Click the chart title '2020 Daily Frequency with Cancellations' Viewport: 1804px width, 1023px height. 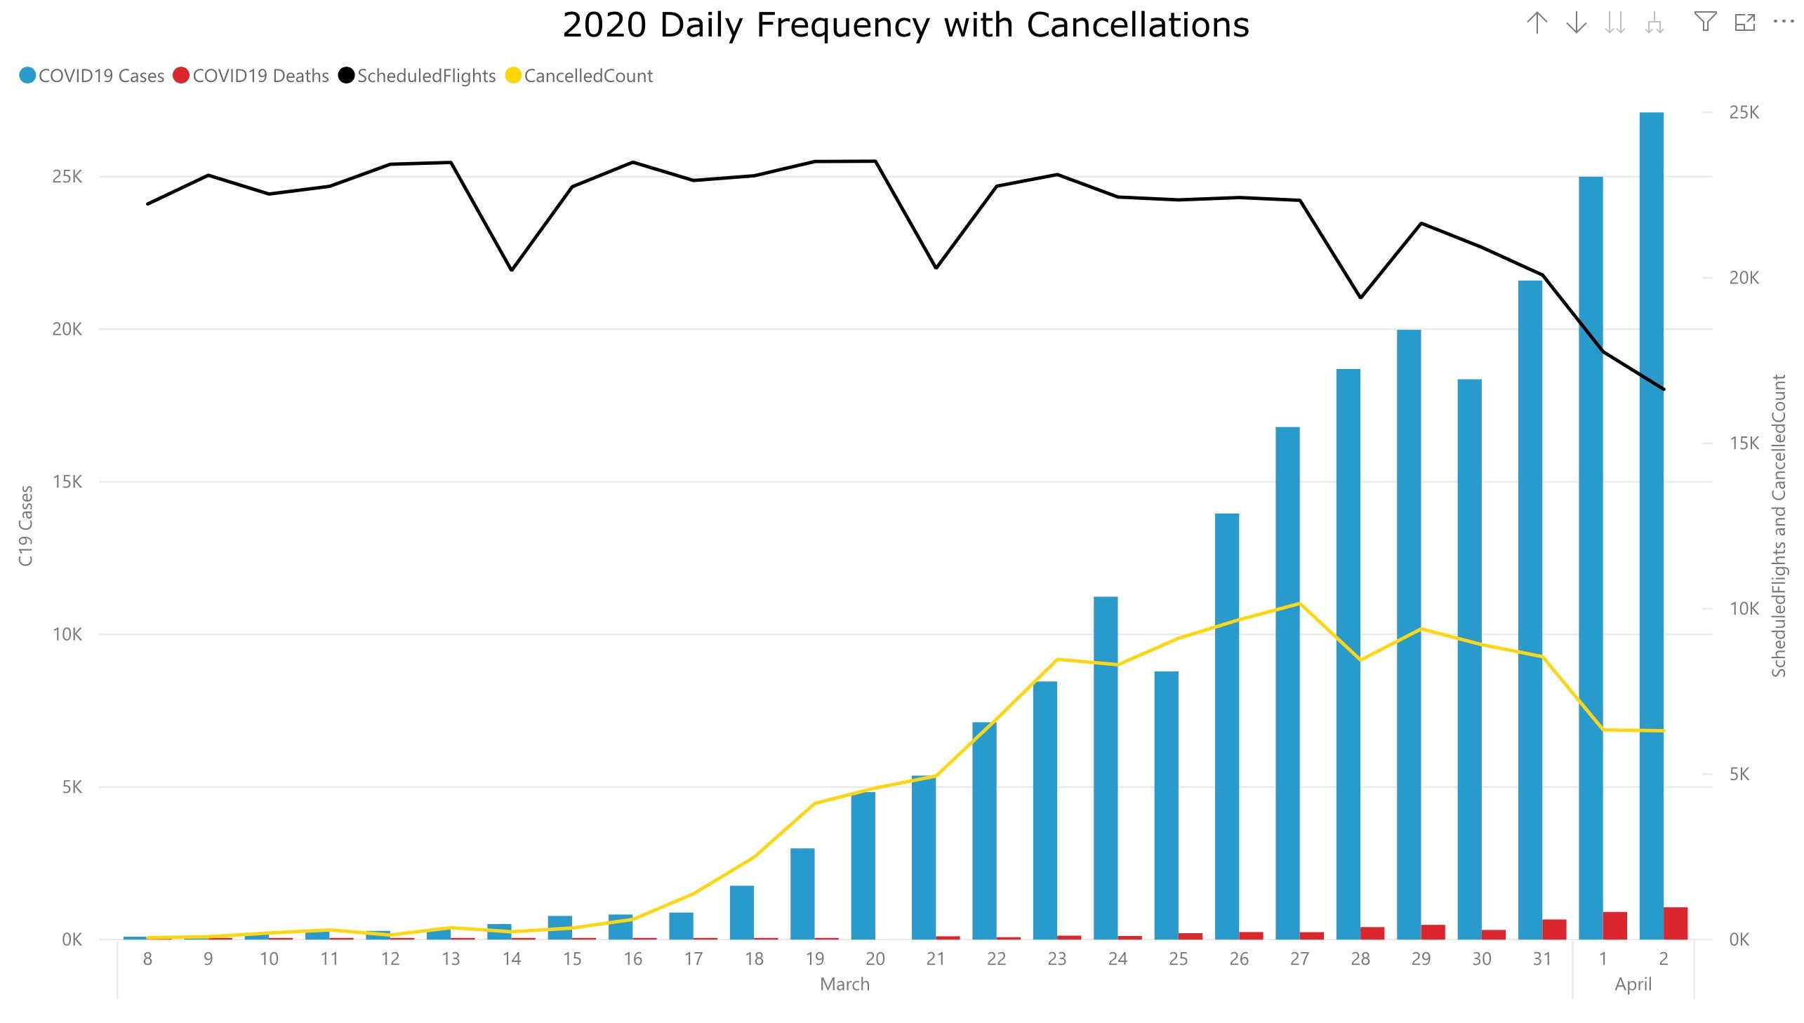click(906, 25)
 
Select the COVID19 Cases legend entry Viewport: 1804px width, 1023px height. click(92, 76)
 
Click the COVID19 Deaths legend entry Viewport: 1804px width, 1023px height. click(251, 76)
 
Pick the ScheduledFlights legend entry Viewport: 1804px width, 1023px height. click(418, 76)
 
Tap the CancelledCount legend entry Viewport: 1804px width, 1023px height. click(580, 76)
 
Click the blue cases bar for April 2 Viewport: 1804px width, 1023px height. click(1651, 527)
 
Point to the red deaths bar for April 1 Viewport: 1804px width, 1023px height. click(1614, 925)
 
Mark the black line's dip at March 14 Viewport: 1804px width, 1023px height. click(512, 270)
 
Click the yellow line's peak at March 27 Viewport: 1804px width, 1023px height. click(1299, 603)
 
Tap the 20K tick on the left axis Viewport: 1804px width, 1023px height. click(67, 329)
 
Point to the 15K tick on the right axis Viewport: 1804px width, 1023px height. click(1744, 443)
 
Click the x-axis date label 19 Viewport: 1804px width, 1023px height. click(814, 959)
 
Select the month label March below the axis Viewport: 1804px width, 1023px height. click(844, 984)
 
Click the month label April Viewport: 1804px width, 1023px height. click(1633, 984)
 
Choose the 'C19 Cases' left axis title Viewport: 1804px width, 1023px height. click(26, 526)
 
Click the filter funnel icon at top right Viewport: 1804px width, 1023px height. click(1705, 22)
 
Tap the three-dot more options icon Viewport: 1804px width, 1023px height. click(1784, 22)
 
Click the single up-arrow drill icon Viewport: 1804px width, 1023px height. click(1537, 22)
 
